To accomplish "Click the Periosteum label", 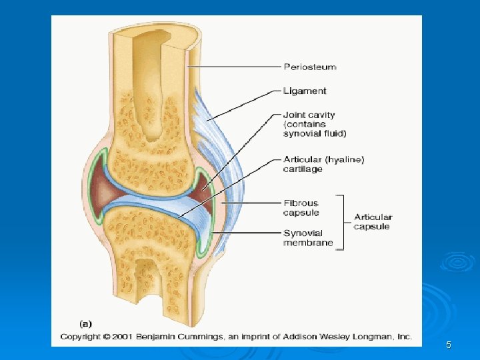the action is (x=310, y=67).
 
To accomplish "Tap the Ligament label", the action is (x=305, y=91).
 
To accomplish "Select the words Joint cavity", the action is (x=309, y=115).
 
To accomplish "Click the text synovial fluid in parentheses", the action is (x=315, y=134).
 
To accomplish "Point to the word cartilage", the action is (x=303, y=169).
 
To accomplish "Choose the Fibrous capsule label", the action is (x=301, y=208).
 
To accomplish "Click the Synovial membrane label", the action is (x=308, y=238).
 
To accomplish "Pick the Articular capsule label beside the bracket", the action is (x=373, y=222).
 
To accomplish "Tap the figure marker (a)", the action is (x=86, y=323).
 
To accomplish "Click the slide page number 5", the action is (x=449, y=345).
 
